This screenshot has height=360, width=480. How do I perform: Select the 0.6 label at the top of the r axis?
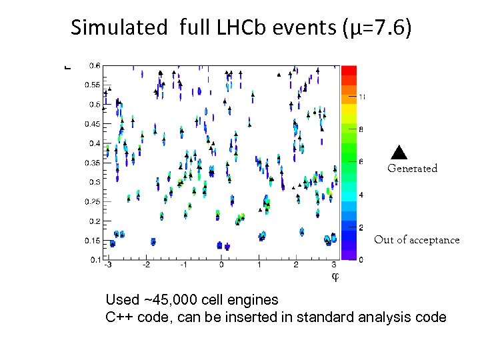tap(95, 65)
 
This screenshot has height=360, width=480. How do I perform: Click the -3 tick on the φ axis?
tap(108, 265)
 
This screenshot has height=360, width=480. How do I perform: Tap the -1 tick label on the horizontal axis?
tap(183, 265)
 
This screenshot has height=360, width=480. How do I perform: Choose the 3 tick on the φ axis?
tap(333, 265)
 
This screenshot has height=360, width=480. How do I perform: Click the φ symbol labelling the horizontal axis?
tap(335, 276)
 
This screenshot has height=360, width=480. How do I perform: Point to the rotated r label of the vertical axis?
tap(66, 66)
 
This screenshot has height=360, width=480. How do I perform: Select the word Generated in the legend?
tap(412, 169)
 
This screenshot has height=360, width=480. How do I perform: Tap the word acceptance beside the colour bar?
tap(434, 240)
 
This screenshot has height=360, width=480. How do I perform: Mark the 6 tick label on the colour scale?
tap(361, 162)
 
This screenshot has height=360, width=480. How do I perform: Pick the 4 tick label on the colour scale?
tap(361, 195)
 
